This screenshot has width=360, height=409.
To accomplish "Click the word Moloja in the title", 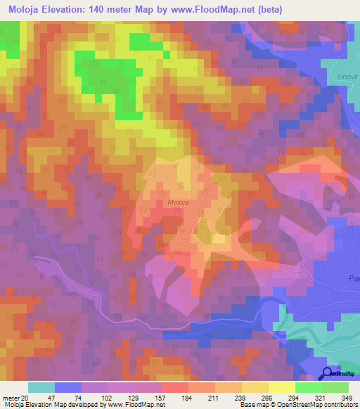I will (x=25, y=9).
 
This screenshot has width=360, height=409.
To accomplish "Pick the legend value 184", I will (x=187, y=397).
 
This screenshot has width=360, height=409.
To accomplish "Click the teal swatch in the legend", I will (x=41, y=387).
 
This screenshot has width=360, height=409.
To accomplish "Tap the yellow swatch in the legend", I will (x=282, y=387).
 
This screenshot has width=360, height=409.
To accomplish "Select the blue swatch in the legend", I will (x=68, y=387).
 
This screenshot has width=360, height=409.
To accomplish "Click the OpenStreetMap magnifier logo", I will (x=328, y=374).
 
